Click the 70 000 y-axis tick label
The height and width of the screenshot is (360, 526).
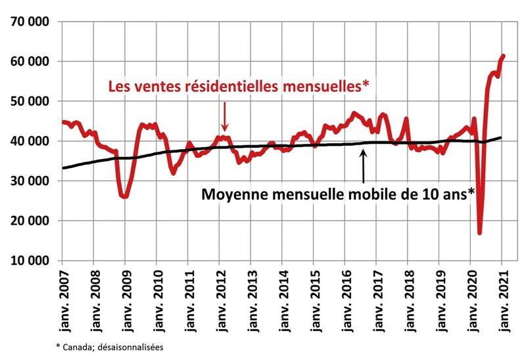point(32,21)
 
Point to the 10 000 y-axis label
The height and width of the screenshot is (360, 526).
point(32,261)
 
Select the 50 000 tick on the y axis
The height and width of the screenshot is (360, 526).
point(32,101)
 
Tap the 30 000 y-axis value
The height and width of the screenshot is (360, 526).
point(32,181)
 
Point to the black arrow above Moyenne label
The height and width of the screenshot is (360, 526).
point(364,168)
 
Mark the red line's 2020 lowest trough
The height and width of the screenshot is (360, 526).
point(480,232)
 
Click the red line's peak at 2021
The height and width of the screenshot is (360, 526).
point(503,56)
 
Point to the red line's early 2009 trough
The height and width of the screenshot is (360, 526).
point(124,196)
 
